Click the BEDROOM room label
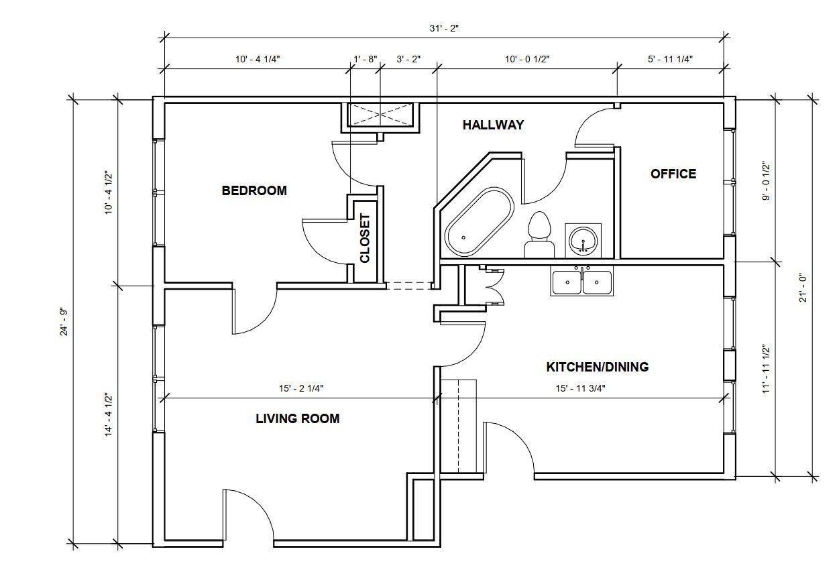254,190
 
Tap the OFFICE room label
673,174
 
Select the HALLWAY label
494,125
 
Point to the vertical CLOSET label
365,238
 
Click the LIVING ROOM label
298,418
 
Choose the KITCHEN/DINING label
598,367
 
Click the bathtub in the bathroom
480,222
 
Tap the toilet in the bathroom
539,235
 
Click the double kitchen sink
581,281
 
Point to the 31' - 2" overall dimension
444,28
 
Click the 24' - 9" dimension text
64,322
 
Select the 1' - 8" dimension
366,59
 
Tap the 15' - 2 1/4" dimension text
301,388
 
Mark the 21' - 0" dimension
803,288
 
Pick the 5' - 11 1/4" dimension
671,59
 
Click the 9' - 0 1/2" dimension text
767,181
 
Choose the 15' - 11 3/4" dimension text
581,388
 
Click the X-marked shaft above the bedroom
380,115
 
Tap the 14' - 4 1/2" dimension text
109,414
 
